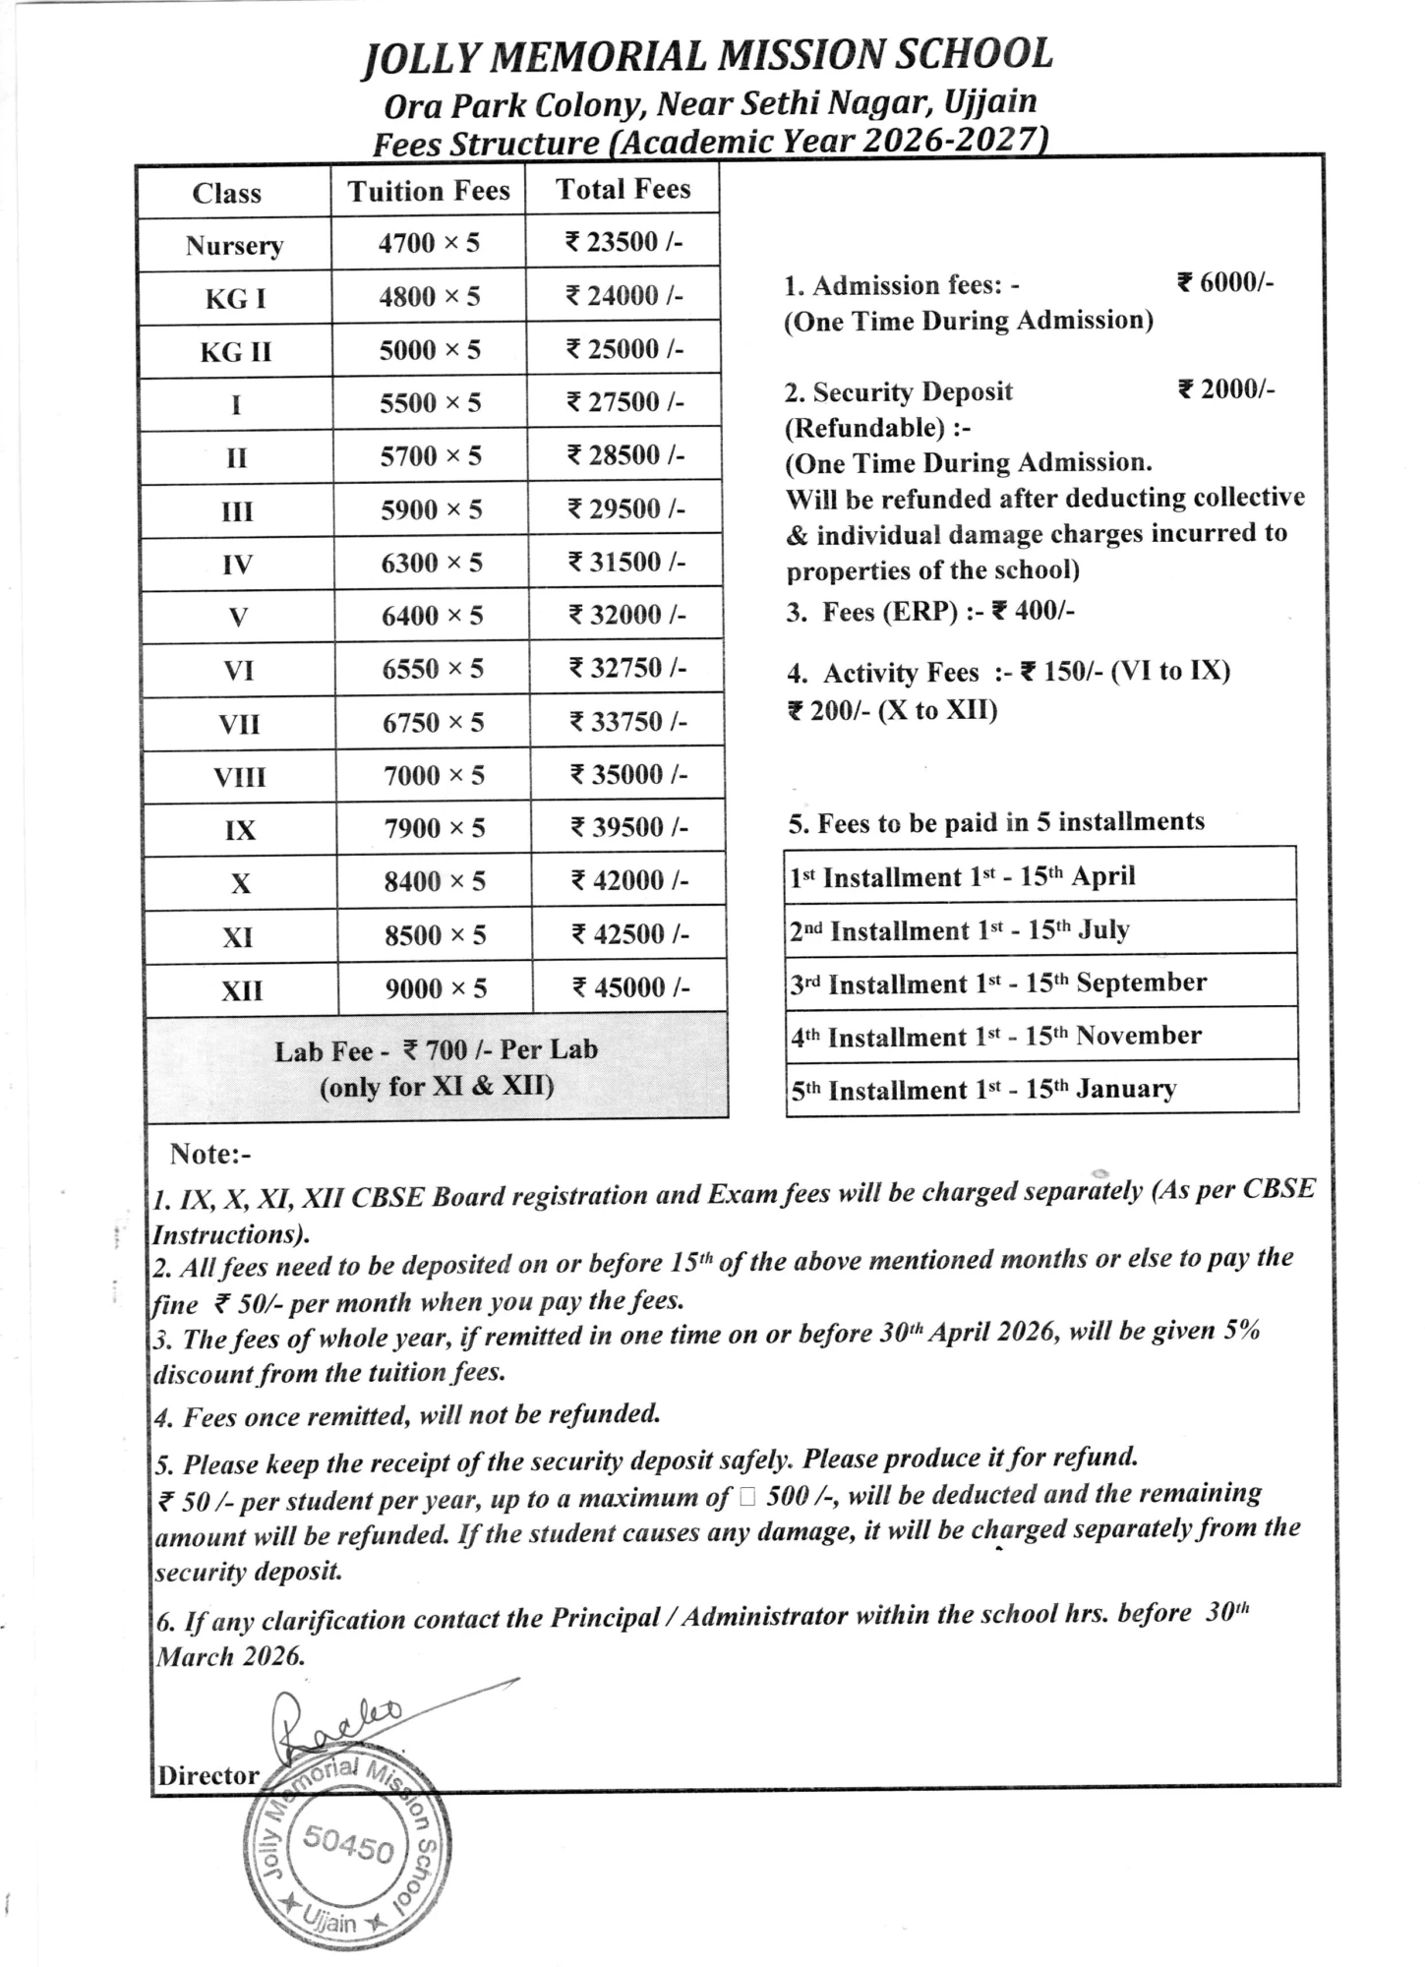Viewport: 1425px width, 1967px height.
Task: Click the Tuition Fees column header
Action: (429, 191)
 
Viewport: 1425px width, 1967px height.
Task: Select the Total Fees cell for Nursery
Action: (623, 243)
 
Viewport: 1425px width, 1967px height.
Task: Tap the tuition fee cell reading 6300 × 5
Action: (432, 563)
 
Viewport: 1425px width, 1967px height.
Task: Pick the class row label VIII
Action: (240, 777)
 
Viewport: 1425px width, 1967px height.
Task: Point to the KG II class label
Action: (236, 352)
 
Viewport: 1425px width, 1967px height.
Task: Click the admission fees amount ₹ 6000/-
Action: (1225, 283)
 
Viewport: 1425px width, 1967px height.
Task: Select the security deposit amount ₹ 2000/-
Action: (1225, 389)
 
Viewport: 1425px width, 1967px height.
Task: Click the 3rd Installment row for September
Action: (998, 983)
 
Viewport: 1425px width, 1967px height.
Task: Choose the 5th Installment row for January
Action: (983, 1090)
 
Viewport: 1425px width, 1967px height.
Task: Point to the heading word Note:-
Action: (209, 1153)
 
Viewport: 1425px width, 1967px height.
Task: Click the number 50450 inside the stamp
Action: (349, 1843)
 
